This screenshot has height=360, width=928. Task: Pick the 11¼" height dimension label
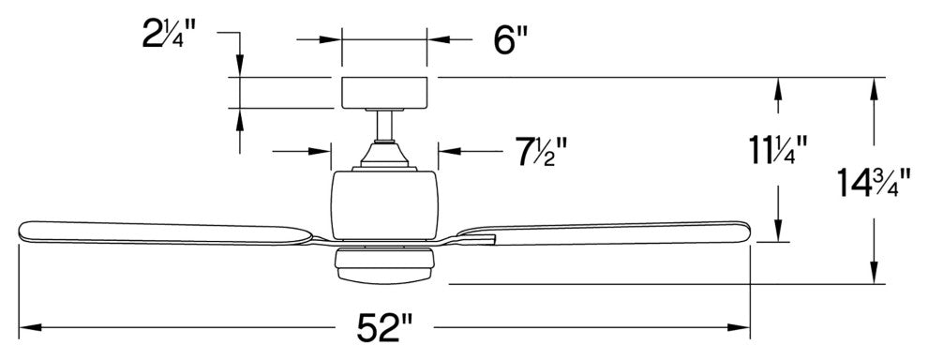coord(777,149)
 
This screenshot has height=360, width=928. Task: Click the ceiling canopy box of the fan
coord(384,93)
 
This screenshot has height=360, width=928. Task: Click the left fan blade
coord(169,232)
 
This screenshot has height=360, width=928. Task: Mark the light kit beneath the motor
coord(384,265)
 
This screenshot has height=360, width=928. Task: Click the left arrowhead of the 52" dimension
coord(26,328)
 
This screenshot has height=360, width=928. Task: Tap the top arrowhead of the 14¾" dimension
coord(874,83)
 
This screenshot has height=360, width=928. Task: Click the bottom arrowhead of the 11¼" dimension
coord(777,234)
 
